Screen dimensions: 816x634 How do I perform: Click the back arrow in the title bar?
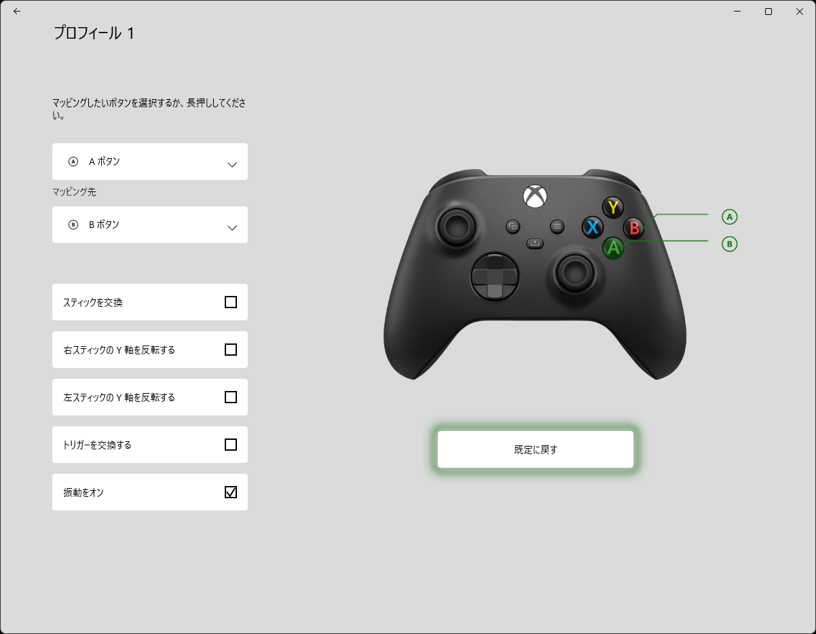coord(17,12)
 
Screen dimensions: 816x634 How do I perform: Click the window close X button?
coord(800,12)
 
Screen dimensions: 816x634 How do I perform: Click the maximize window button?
coord(768,12)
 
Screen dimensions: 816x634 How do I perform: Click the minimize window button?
coord(737,12)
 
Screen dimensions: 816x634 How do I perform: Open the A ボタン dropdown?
coord(150,162)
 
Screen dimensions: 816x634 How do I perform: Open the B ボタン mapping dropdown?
coord(150,225)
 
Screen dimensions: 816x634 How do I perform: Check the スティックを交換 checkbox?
coord(231,302)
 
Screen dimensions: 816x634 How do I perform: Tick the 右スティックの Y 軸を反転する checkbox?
coord(231,350)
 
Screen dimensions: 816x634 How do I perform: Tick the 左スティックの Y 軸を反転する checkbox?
coord(231,397)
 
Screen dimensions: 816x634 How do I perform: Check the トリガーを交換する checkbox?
coord(231,445)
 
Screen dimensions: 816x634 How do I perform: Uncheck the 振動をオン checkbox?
coord(231,492)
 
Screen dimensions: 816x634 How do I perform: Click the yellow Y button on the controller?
coord(613,207)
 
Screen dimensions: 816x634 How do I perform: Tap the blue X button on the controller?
coord(593,227)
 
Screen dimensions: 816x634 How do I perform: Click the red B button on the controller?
coord(634,227)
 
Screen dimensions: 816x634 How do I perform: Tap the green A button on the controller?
coord(613,248)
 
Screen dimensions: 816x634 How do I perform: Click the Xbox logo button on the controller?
coord(535,196)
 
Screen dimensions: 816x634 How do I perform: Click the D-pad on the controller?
coord(495,277)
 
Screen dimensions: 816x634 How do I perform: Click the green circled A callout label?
coord(729,217)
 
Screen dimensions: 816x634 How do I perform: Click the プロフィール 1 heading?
coord(94,33)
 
